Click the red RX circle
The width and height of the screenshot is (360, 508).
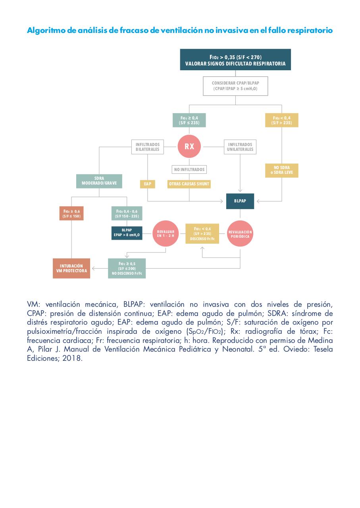click(x=189, y=146)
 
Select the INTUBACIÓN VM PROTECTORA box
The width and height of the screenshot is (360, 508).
click(x=71, y=268)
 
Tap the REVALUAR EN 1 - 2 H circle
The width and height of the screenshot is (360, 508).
click(x=166, y=233)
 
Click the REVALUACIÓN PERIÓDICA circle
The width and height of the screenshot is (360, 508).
click(x=240, y=233)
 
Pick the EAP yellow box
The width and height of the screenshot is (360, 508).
click(x=147, y=184)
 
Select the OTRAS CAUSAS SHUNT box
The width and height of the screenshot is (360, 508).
click(x=189, y=184)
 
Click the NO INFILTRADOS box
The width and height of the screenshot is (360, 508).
click(x=189, y=169)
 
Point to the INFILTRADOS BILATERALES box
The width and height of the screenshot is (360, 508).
click(x=147, y=147)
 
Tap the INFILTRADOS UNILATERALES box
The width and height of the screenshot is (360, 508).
click(x=240, y=147)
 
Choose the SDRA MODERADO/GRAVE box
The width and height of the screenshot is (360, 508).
click(x=99, y=181)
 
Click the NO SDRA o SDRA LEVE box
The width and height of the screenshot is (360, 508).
click(x=281, y=170)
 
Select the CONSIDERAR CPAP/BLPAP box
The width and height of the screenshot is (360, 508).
click(x=235, y=86)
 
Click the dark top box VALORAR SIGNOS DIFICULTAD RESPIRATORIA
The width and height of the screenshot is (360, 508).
click(x=235, y=60)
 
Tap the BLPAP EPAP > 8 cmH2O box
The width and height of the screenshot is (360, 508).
click(x=127, y=233)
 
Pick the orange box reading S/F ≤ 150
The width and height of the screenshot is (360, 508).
click(x=71, y=214)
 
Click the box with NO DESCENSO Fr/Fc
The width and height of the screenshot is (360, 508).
click(x=127, y=268)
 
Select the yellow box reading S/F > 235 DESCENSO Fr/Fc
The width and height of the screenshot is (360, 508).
click(x=202, y=234)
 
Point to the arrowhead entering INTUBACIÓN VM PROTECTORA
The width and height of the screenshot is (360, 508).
click(x=93, y=269)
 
